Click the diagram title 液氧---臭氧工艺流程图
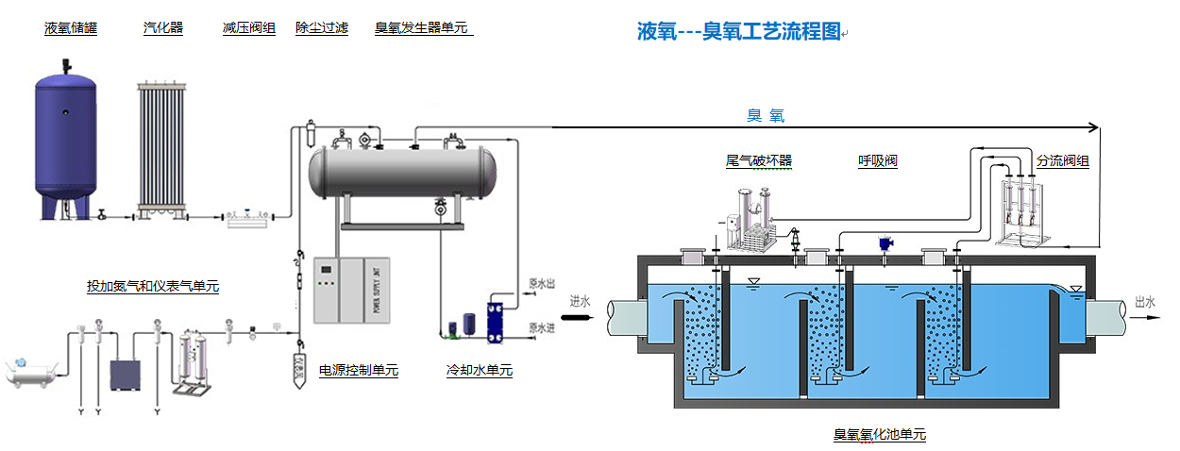pyautogui.click(x=738, y=31)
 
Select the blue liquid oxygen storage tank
pyautogui.click(x=66, y=137)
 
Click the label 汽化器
pyautogui.click(x=163, y=28)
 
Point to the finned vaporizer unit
pyautogui.click(x=171, y=147)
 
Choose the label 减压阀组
pyautogui.click(x=249, y=28)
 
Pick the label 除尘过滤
pyautogui.click(x=322, y=28)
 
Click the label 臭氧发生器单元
pyautogui.click(x=422, y=28)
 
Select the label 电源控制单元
pyautogui.click(x=359, y=371)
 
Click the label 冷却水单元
pyautogui.click(x=480, y=371)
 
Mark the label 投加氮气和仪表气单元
pyautogui.click(x=153, y=286)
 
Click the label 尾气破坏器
pyautogui.click(x=759, y=161)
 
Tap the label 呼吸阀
pyautogui.click(x=877, y=161)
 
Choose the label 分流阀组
pyautogui.click(x=1063, y=161)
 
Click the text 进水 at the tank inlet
pyautogui.click(x=580, y=302)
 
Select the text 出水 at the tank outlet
pyautogui.click(x=1145, y=302)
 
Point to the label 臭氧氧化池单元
pyautogui.click(x=880, y=435)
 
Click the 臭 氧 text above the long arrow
pyautogui.click(x=766, y=116)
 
